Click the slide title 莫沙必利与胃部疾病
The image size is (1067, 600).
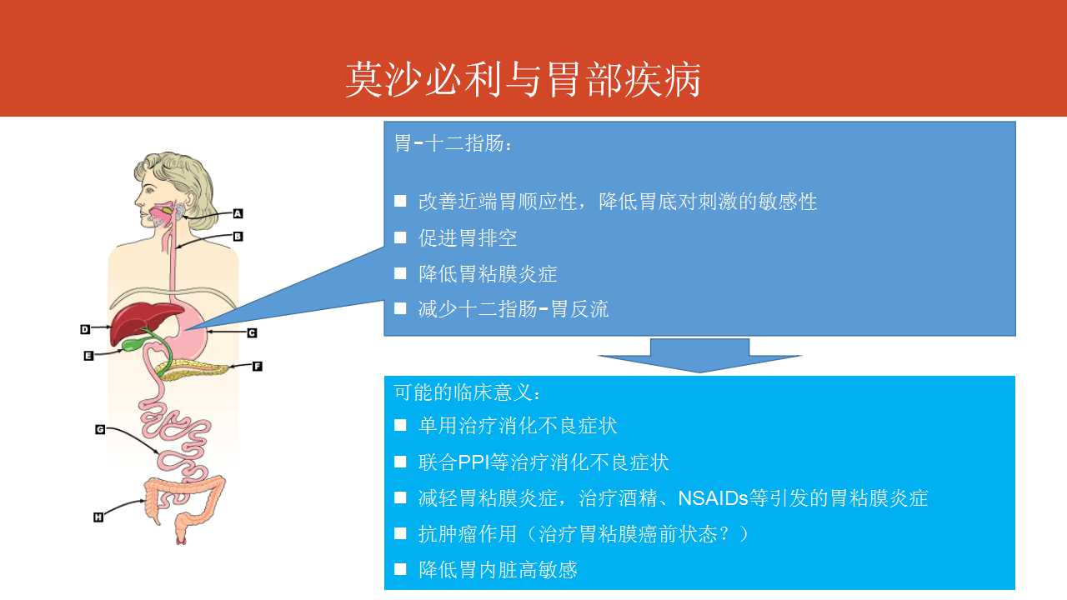523,79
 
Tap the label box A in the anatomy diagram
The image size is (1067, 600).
238,214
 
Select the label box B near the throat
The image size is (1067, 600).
238,236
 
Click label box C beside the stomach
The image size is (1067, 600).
252,332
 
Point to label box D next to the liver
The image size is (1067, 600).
85,329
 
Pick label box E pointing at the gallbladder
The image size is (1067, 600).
88,356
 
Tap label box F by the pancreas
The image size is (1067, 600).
258,366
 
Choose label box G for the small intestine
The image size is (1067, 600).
100,429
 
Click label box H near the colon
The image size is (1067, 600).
98,517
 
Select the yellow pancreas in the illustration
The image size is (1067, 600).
193,370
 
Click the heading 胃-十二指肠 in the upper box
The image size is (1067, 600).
453,143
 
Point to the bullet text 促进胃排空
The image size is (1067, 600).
468,237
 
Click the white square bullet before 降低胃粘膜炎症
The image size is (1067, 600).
400,273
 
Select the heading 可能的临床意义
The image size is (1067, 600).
468,392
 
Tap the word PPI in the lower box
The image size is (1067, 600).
473,462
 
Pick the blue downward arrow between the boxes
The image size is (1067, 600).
699,355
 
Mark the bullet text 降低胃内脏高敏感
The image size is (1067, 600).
498,570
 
